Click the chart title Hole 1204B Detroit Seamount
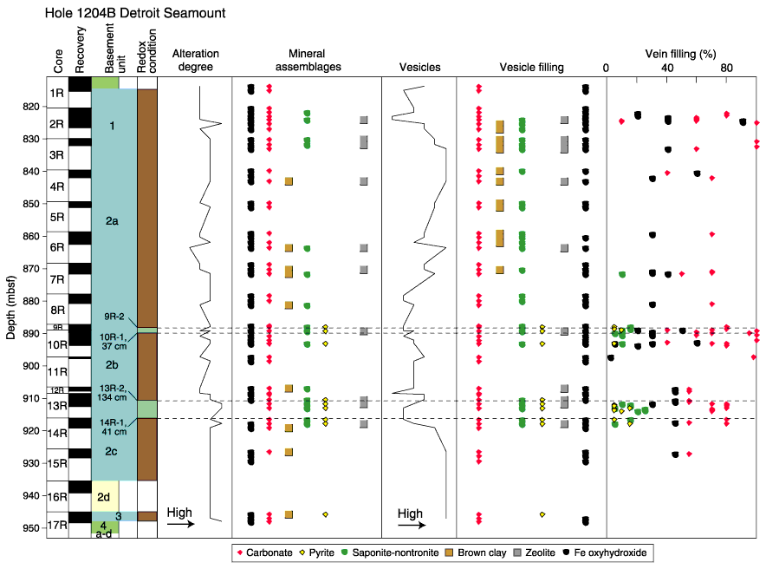135,13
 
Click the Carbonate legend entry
265,553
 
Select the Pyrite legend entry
316,553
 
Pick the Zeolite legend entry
535,553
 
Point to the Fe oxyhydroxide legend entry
605,553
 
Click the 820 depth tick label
31,107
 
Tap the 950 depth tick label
31,528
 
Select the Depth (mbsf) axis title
10,307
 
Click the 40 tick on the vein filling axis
667,68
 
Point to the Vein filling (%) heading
680,54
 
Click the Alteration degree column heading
196,60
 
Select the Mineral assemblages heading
308,60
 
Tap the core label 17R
57,525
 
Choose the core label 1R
56,93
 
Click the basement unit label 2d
103,497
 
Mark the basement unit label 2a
112,221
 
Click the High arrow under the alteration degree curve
181,524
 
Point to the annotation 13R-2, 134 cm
112,393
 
